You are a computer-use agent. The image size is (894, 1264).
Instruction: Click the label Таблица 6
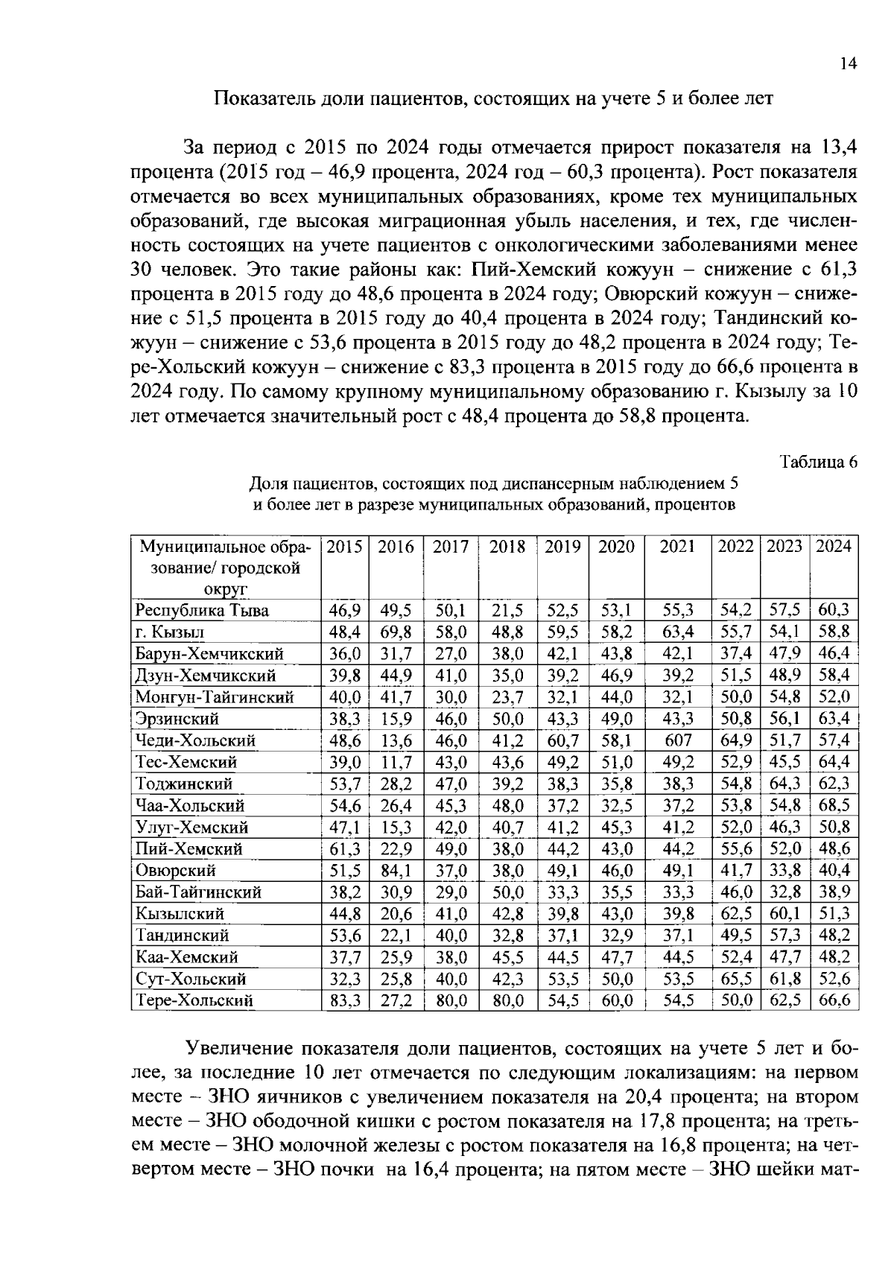point(818,462)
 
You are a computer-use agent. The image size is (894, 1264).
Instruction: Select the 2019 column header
point(562,547)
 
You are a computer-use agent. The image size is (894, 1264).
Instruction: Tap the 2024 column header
point(834,547)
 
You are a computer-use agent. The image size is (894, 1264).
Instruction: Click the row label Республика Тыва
point(202,610)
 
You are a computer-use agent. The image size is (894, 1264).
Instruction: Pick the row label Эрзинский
point(177,719)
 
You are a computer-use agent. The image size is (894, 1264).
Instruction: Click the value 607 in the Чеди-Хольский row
point(678,740)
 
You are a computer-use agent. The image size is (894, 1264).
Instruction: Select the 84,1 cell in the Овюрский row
point(396,870)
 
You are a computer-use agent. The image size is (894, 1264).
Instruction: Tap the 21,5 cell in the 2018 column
point(507,610)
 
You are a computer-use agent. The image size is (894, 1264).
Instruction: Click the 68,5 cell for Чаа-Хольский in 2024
point(834,805)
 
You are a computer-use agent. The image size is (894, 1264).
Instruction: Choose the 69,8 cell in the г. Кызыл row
point(396,632)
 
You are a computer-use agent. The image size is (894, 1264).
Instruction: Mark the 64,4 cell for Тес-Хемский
point(834,762)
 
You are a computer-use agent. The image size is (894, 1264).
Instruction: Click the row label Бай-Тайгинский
point(198,892)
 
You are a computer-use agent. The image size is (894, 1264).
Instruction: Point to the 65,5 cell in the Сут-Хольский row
point(735,979)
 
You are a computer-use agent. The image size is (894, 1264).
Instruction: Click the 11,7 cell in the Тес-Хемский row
point(396,762)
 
